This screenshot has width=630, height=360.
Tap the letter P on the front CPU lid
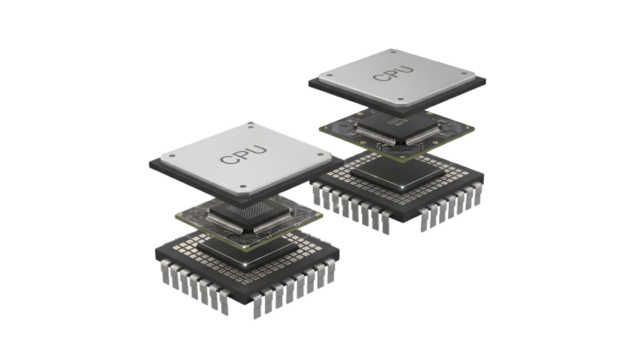point(244,155)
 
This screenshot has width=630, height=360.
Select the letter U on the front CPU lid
point(258,150)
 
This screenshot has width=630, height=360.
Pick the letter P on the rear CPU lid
point(394,74)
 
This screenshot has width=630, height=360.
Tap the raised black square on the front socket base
point(247,251)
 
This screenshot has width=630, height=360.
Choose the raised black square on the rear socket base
point(398,173)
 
